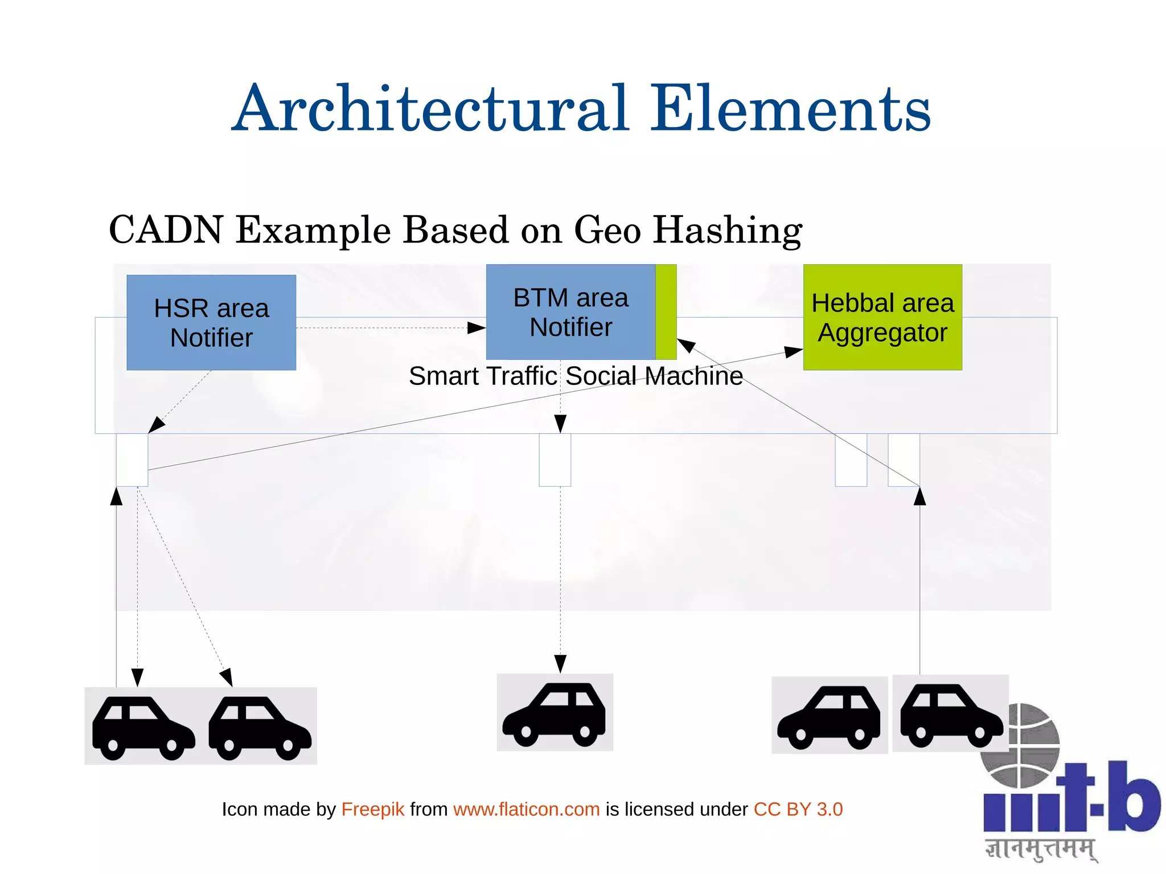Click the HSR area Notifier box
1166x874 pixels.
(x=211, y=322)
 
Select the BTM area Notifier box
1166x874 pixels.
(x=570, y=312)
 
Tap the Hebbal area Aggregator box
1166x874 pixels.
(x=882, y=317)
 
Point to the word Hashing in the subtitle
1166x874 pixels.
(x=727, y=231)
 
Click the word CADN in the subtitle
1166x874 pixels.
(x=166, y=230)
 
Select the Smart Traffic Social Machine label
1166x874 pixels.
(x=576, y=376)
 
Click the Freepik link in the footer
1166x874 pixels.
(x=372, y=809)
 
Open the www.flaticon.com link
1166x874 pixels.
(x=526, y=809)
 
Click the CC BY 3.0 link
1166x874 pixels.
(x=798, y=809)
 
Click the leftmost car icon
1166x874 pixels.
(x=143, y=727)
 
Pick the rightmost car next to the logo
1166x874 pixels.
(x=950, y=715)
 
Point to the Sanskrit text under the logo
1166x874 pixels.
(x=1041, y=849)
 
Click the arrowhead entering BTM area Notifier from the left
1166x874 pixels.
(x=476, y=328)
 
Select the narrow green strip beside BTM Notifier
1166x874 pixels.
(x=666, y=312)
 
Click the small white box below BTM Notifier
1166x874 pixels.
(x=555, y=460)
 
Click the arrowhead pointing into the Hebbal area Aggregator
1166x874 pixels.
(x=793, y=352)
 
